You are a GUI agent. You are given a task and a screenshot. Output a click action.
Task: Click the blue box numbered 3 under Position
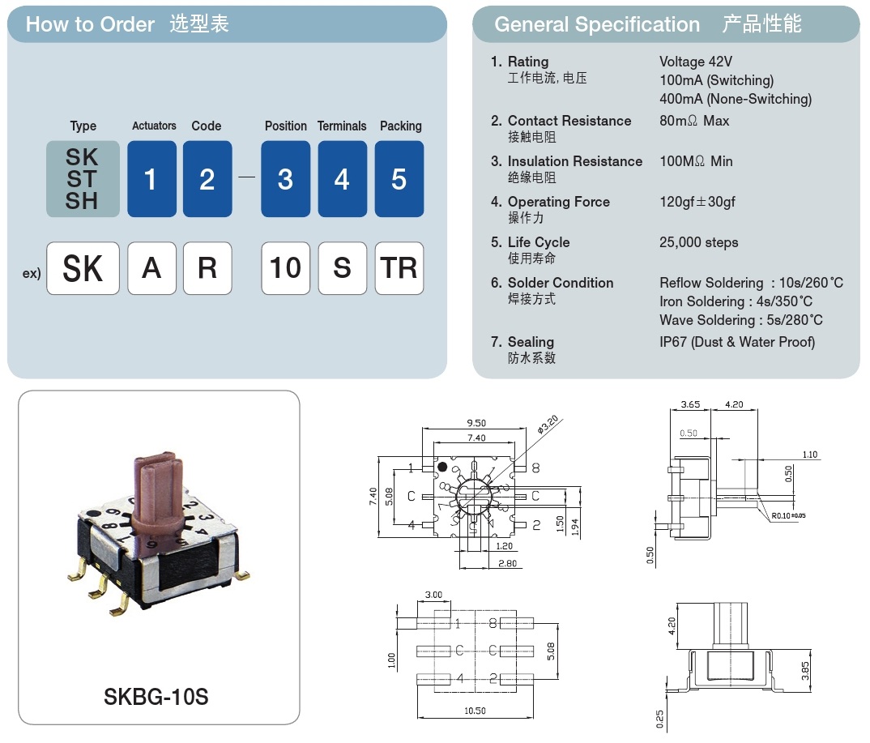tap(285, 179)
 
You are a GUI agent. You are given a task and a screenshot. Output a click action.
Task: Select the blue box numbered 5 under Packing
tap(399, 179)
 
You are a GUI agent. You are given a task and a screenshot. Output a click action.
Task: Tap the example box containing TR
tap(399, 268)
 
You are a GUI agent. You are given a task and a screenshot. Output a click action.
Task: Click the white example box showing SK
tap(83, 268)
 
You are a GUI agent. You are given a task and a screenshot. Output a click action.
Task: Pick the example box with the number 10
tap(285, 268)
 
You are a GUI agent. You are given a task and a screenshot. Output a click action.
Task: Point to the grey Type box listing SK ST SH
tap(83, 179)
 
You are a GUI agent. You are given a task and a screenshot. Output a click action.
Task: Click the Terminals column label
tap(342, 126)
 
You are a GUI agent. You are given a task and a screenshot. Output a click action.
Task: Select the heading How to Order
tap(90, 24)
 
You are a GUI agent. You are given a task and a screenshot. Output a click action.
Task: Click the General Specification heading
tap(597, 24)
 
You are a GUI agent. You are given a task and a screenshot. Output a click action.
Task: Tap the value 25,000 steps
tap(699, 242)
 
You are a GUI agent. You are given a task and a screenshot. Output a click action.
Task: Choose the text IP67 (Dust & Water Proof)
tap(737, 342)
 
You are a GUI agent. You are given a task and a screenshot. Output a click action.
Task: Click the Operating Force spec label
tap(558, 202)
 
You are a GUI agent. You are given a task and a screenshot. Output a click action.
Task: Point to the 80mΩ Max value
tap(694, 121)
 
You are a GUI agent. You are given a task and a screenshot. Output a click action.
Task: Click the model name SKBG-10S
tap(156, 696)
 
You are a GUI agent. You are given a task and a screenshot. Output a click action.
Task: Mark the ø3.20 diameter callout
tap(548, 423)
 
